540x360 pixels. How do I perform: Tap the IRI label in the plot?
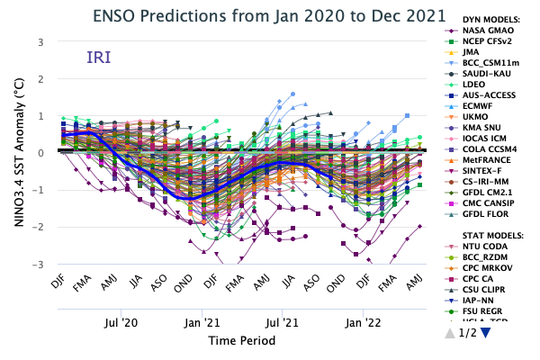tap(100, 58)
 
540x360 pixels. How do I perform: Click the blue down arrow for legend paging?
tap(486, 333)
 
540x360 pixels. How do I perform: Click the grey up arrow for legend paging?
tap(451, 333)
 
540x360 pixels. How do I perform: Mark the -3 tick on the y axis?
tap(39, 265)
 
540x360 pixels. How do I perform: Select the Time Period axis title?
tap(241, 341)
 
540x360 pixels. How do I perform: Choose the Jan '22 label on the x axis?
tap(362, 321)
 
